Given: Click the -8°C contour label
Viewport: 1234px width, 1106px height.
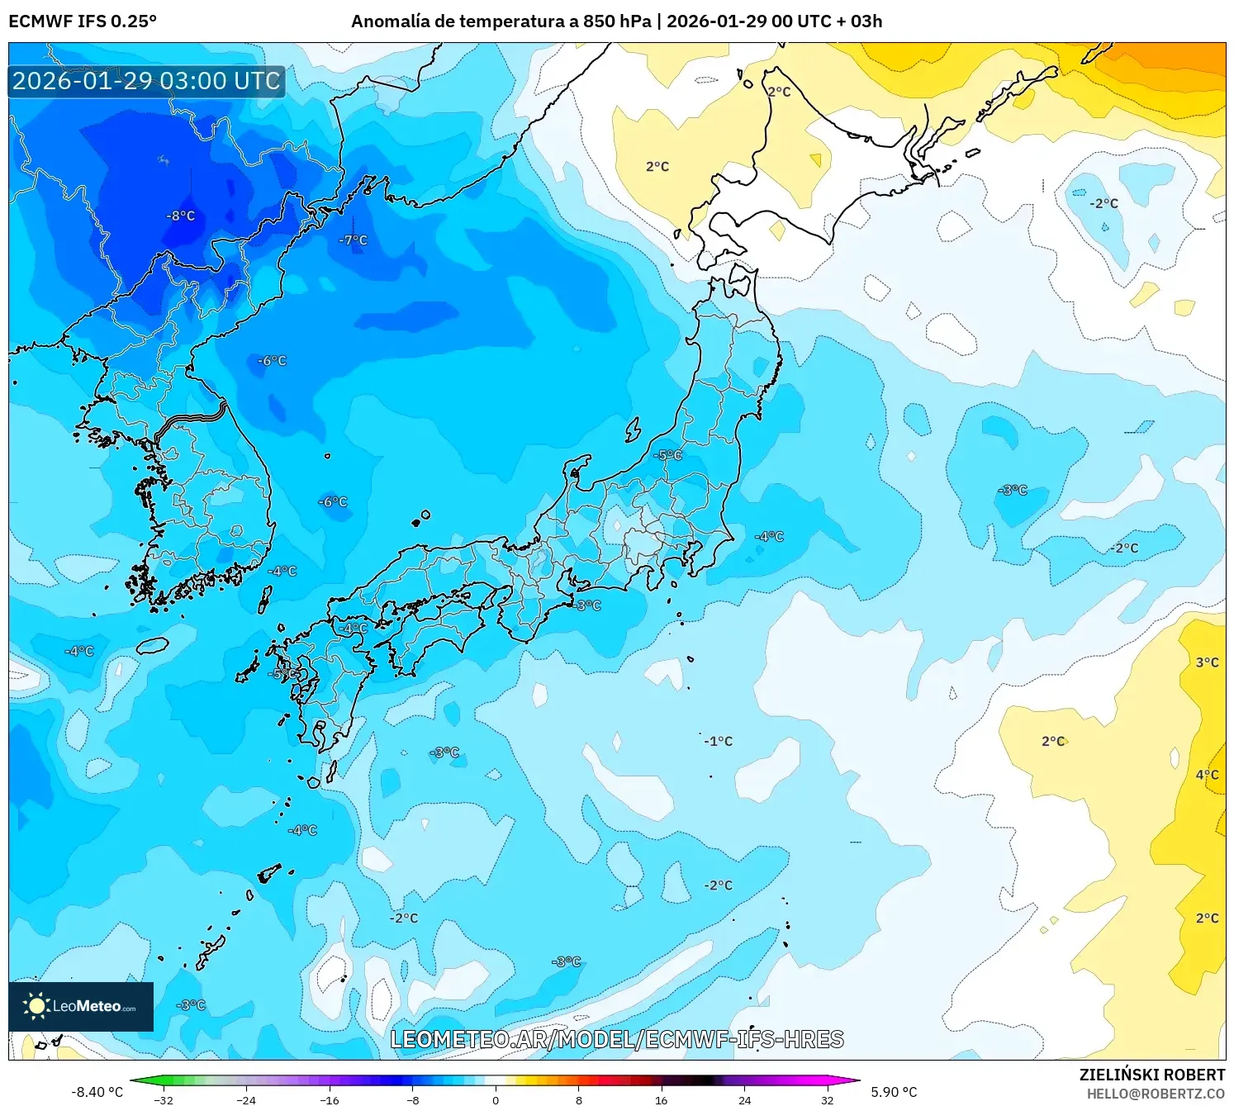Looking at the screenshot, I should pyautogui.click(x=181, y=216).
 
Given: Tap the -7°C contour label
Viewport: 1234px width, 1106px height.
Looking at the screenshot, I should pyautogui.click(x=354, y=240).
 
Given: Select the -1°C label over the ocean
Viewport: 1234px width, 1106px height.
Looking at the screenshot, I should pyautogui.click(x=718, y=742).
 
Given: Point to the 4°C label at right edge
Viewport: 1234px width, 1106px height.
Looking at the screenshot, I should pyautogui.click(x=1207, y=775).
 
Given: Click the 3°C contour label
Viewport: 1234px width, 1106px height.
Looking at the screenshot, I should pyautogui.click(x=1207, y=662).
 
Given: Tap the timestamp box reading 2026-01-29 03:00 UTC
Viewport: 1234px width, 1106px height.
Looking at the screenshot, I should pyautogui.click(x=146, y=81).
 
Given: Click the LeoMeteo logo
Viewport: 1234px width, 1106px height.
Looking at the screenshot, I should pyautogui.click(x=81, y=1006).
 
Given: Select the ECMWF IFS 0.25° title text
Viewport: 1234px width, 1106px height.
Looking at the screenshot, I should pyautogui.click(x=83, y=21).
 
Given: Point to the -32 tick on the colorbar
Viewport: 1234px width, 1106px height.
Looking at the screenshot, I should pyautogui.click(x=164, y=1100).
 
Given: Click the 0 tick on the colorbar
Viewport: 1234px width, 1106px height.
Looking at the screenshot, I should pyautogui.click(x=496, y=1100).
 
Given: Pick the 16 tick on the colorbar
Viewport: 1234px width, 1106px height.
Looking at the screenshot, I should pyautogui.click(x=661, y=1100).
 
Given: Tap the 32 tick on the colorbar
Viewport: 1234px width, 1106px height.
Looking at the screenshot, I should pyautogui.click(x=827, y=1100).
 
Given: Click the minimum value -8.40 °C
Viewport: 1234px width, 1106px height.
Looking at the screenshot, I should pyautogui.click(x=97, y=1092).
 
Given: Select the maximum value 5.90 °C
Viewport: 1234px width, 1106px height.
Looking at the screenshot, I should pyautogui.click(x=894, y=1092).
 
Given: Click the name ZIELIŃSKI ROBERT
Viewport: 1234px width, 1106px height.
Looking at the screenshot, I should pyautogui.click(x=1151, y=1075).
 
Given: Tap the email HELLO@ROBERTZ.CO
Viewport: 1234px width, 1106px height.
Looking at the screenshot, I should pyautogui.click(x=1156, y=1094).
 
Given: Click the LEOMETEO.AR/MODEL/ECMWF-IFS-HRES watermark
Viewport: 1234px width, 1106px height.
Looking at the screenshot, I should pyautogui.click(x=616, y=1040).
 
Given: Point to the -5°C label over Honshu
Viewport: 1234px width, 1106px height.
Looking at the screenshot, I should pyautogui.click(x=667, y=455).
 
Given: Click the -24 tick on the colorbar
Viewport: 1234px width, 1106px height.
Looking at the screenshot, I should pyautogui.click(x=246, y=1100).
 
